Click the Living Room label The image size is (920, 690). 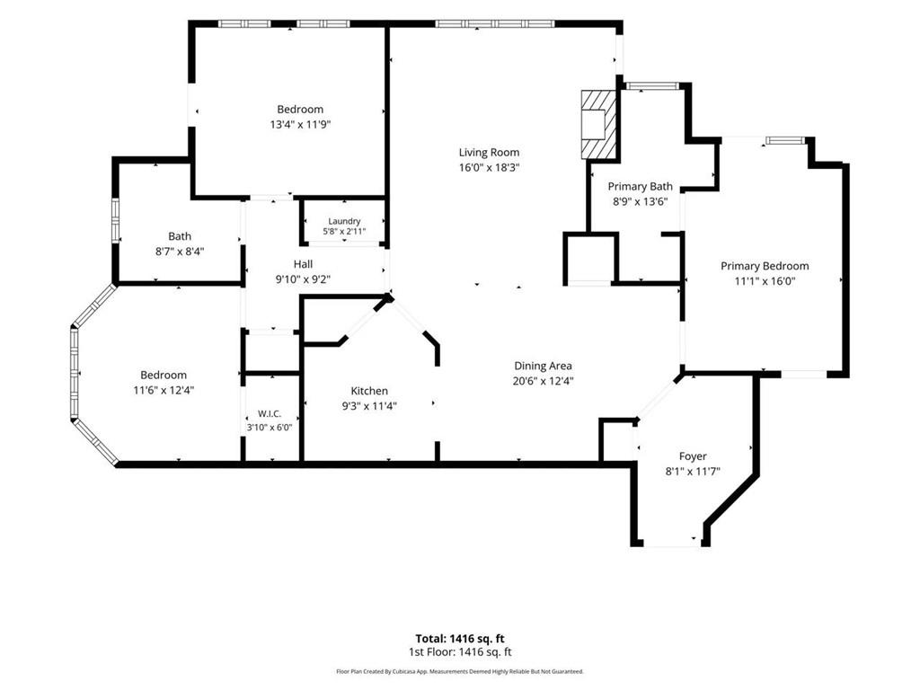(489, 153)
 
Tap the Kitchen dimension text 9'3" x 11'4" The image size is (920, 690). (369, 405)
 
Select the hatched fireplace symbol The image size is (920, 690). (599, 124)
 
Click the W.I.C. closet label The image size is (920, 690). (270, 413)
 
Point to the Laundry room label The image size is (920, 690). (344, 221)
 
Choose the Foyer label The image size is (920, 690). (693, 456)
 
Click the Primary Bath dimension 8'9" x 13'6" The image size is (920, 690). (640, 202)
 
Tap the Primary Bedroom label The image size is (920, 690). (765, 266)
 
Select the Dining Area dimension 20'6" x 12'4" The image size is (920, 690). (544, 381)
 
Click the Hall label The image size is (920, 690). (304, 264)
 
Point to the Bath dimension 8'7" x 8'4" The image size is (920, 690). (180, 252)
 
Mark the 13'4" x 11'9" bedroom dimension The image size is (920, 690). (300, 124)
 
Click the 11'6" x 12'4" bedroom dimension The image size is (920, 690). (164, 390)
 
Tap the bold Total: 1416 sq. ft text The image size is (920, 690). (460, 639)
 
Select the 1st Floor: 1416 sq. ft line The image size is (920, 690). (460, 652)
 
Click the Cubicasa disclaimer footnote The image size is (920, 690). (460, 671)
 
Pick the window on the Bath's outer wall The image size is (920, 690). (116, 221)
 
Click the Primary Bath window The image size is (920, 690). (652, 86)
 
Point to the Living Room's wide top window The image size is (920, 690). (495, 24)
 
